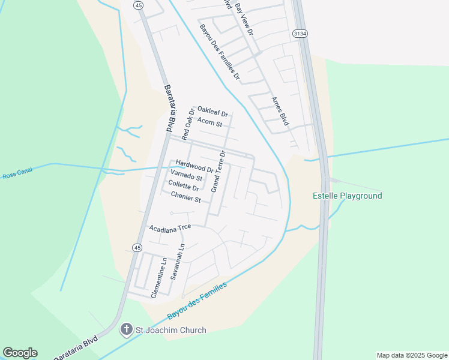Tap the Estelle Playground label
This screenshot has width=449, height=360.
(x=348, y=196)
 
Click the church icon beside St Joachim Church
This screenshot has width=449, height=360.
(x=126, y=329)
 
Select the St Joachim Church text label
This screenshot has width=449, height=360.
(x=171, y=330)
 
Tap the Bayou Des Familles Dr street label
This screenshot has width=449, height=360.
(x=219, y=53)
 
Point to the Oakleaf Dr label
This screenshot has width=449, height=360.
(x=212, y=112)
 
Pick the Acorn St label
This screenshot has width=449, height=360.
(x=210, y=124)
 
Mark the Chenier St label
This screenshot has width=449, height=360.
(x=185, y=196)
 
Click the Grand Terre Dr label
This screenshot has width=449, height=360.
(x=217, y=172)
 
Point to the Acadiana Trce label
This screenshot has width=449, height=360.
(x=170, y=228)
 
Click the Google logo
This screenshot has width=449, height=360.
(x=20, y=353)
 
